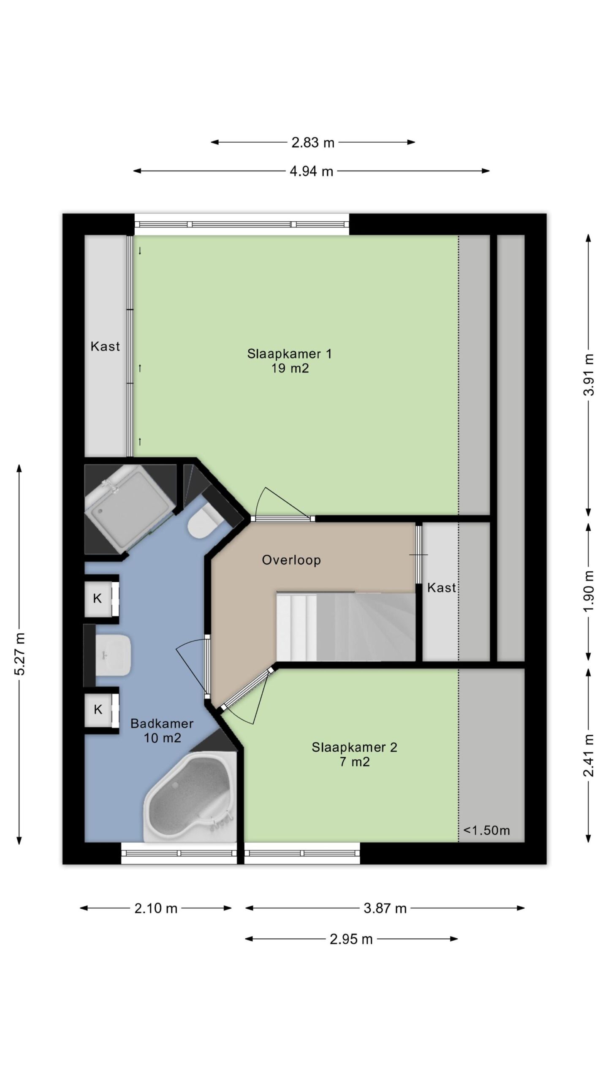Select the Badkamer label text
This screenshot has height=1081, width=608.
(x=162, y=723)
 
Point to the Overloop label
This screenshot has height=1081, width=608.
(x=291, y=560)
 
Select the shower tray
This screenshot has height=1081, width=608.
(x=129, y=508)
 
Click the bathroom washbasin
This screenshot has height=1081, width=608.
(x=113, y=655)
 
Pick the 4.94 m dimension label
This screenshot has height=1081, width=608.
(x=312, y=171)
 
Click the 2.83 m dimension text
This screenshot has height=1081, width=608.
(x=313, y=143)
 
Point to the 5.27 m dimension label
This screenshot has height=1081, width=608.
(x=20, y=654)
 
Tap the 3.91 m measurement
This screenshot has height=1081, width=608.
(x=589, y=375)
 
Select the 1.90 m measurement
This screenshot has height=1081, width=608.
(x=589, y=591)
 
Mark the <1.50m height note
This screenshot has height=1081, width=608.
(x=486, y=830)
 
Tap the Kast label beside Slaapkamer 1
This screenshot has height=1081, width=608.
(x=105, y=346)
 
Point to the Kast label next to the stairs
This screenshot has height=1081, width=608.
(x=442, y=587)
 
